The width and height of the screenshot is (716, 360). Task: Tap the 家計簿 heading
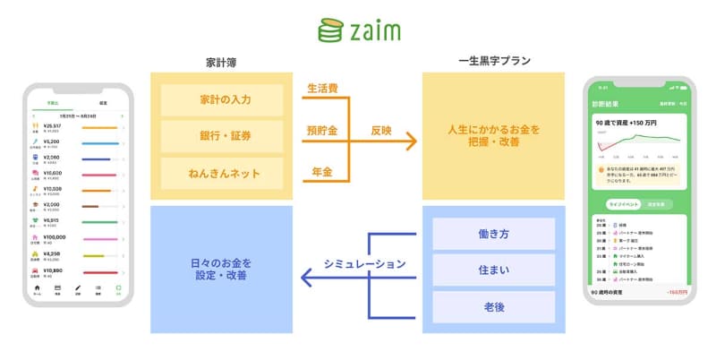221,63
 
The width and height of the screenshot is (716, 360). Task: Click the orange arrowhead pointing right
413,141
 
